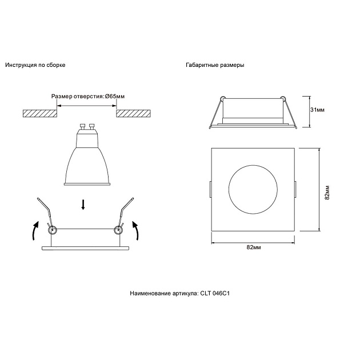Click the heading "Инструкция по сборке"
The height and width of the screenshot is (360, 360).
click(x=35, y=65)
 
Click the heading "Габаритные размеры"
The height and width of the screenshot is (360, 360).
click(x=215, y=65)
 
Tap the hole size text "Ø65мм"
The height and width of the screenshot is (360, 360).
click(x=114, y=97)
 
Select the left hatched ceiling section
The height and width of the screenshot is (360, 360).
click(x=40, y=114)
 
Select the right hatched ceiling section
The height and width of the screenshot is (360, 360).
click(x=134, y=114)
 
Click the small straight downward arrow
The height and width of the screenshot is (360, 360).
click(x=84, y=205)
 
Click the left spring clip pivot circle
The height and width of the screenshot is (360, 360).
click(x=52, y=230)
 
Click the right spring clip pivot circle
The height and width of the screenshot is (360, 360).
click(x=119, y=230)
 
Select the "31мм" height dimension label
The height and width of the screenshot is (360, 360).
click(x=317, y=109)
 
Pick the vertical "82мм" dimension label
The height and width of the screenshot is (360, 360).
click(x=326, y=192)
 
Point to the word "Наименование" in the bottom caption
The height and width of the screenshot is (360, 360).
click(x=149, y=293)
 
